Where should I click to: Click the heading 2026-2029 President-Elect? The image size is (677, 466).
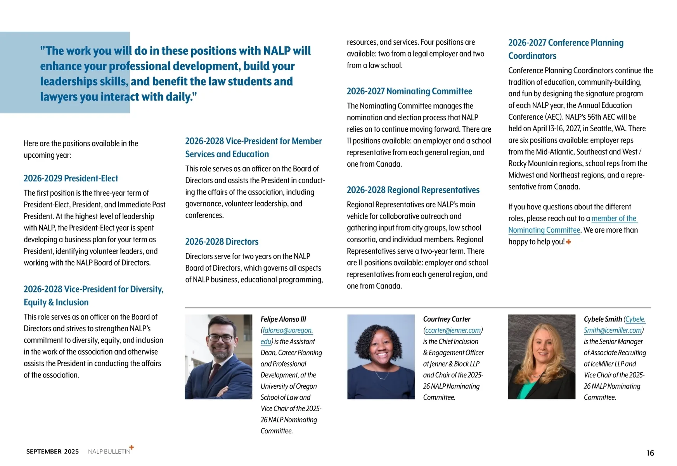point(71,179)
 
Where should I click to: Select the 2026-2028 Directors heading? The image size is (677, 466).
point(222,242)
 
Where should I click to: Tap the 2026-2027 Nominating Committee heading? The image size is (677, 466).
point(409,91)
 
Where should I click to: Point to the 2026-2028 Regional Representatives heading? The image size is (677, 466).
point(413,190)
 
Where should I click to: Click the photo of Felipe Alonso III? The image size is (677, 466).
point(218,356)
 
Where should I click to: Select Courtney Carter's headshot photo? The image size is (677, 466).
point(381,356)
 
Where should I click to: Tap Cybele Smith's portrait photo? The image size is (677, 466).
point(542,356)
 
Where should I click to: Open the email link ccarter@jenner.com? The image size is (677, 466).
point(453,330)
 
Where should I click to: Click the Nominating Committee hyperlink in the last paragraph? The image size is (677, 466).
point(544,230)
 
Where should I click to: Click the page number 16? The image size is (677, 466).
point(650,453)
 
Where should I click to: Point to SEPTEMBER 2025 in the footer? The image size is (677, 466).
point(52,452)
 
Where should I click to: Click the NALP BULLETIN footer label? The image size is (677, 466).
point(109,452)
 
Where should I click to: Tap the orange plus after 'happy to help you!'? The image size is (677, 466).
point(569,242)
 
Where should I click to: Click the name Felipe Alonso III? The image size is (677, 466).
point(283,319)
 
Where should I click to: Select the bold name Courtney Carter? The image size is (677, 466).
point(447,319)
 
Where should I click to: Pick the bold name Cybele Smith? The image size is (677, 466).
point(603,319)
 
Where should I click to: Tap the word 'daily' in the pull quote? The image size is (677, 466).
point(178,97)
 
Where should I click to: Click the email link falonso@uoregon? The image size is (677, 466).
point(287,330)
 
